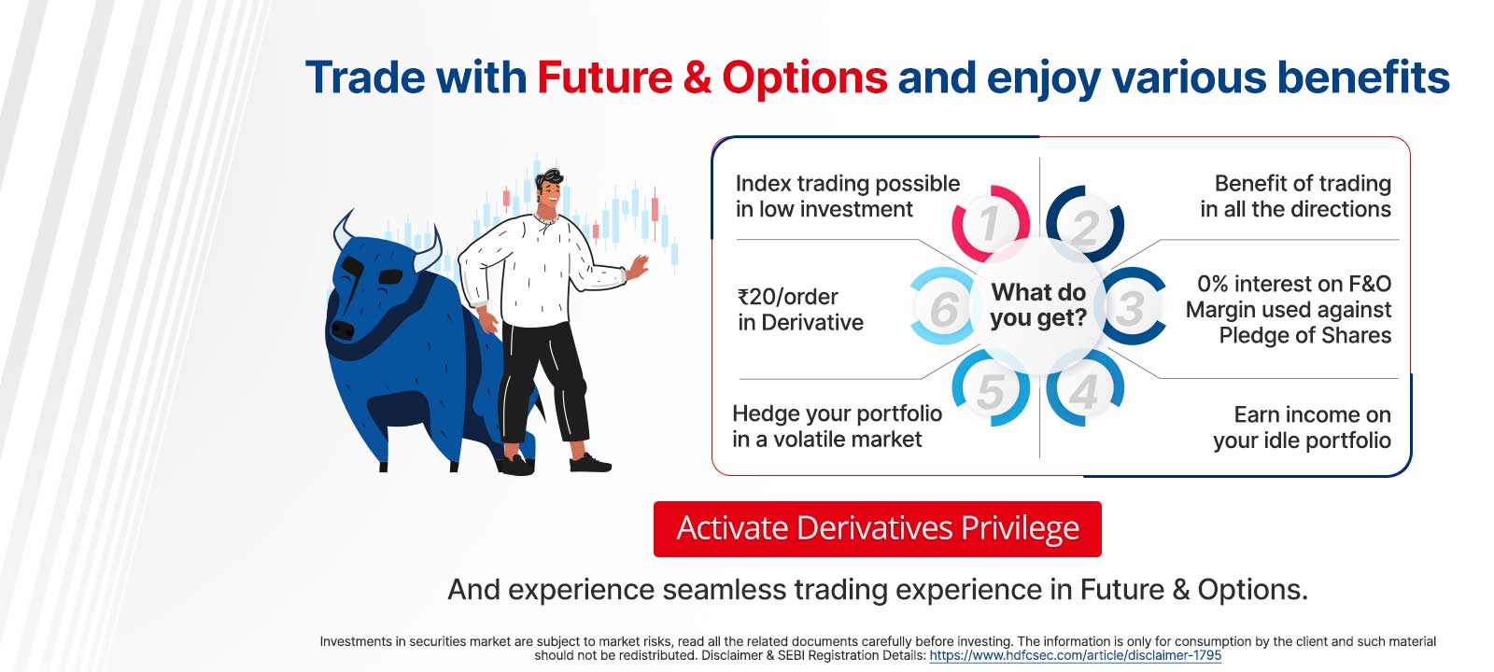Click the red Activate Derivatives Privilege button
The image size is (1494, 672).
877,528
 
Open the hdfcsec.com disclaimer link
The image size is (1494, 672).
1075,655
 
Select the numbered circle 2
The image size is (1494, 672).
1085,225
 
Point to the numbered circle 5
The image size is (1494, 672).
990,389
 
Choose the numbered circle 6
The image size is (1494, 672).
944,307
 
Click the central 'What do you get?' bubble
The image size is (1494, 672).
1037,305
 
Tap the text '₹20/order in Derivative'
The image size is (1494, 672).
800,309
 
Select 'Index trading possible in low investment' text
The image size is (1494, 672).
846,196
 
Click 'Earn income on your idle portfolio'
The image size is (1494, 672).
1302,427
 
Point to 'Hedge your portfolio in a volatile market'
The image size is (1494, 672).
837,426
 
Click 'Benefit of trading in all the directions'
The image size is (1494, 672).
1296,196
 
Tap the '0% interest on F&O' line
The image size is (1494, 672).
1293,284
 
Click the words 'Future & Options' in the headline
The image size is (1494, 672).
712,77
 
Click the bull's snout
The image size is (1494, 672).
344,329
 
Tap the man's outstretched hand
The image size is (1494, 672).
639,267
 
